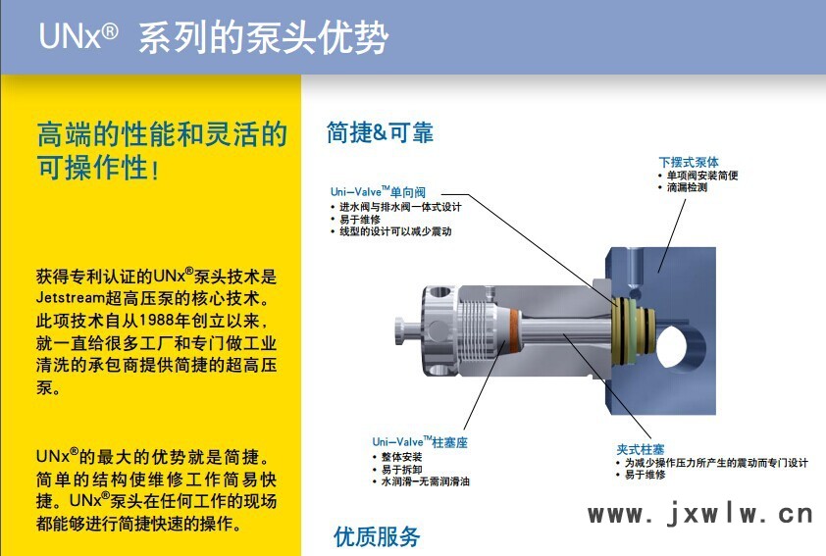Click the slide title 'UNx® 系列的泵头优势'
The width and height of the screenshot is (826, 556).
click(214, 37)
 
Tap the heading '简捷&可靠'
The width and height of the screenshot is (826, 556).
click(380, 132)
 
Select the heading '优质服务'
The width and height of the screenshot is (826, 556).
click(377, 537)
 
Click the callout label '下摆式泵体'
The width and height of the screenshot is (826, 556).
click(688, 162)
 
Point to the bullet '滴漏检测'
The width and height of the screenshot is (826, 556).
click(687, 187)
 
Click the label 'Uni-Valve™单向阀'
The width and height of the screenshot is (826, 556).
click(378, 192)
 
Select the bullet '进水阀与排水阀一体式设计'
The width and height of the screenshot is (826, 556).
click(400, 207)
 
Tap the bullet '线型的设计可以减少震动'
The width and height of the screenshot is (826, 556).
click(395, 231)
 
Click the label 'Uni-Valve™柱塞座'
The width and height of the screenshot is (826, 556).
click(420, 442)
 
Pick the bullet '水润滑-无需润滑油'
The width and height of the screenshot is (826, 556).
click(425, 481)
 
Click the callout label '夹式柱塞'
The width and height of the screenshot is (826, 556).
click(640, 450)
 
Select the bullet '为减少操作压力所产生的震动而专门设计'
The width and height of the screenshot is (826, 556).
click(716, 462)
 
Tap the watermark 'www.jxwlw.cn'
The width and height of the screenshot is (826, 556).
click(700, 514)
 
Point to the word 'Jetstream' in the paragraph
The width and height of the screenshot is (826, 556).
click(70, 298)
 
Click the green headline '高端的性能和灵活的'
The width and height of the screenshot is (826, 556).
click(162, 133)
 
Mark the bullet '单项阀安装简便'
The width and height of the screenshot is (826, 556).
click(702, 176)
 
